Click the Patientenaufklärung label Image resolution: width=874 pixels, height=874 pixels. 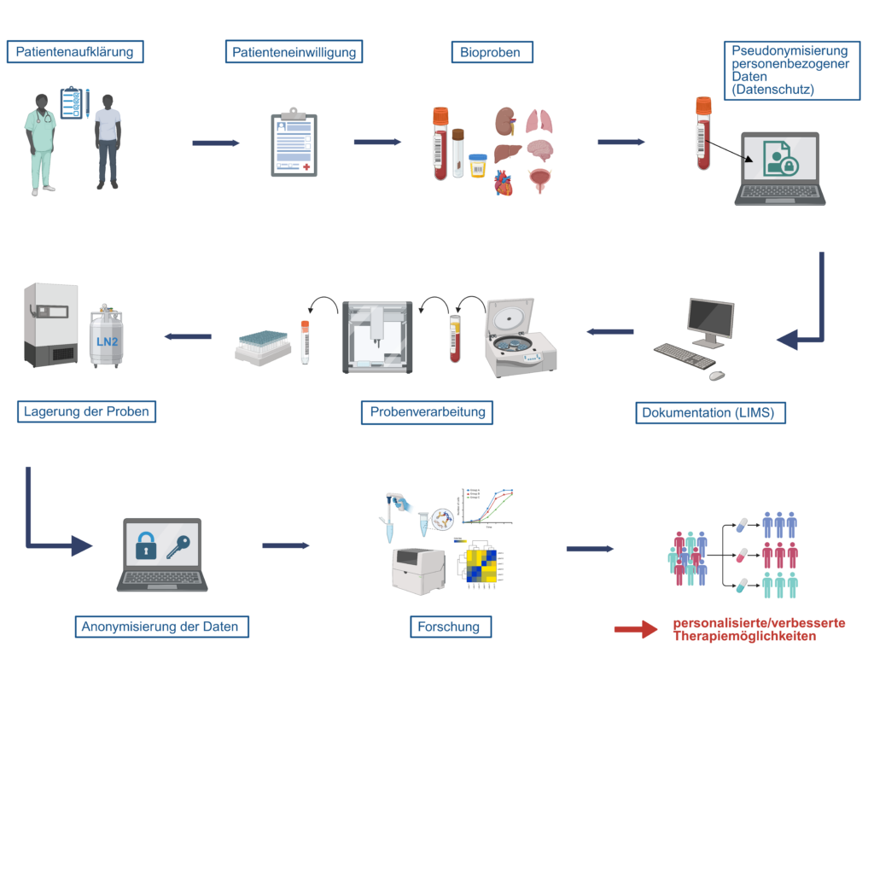tap(75, 52)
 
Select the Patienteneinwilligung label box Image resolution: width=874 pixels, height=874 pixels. tap(294, 53)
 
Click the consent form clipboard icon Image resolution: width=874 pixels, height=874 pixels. tap(294, 143)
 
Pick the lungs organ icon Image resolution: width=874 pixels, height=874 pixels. tap(539, 121)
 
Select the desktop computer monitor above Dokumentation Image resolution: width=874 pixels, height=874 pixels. tap(711, 321)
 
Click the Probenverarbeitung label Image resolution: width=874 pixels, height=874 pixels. tap(428, 412)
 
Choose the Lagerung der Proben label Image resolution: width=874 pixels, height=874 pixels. tap(86, 412)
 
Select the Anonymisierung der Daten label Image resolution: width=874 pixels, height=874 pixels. tap(160, 627)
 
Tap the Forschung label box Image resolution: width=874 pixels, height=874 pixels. tap(449, 627)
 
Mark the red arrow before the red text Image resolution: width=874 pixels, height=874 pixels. tap(636, 630)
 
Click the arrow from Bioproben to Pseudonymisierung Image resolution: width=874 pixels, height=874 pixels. tap(621, 143)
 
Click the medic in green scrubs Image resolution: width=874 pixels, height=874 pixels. tap(39, 141)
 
